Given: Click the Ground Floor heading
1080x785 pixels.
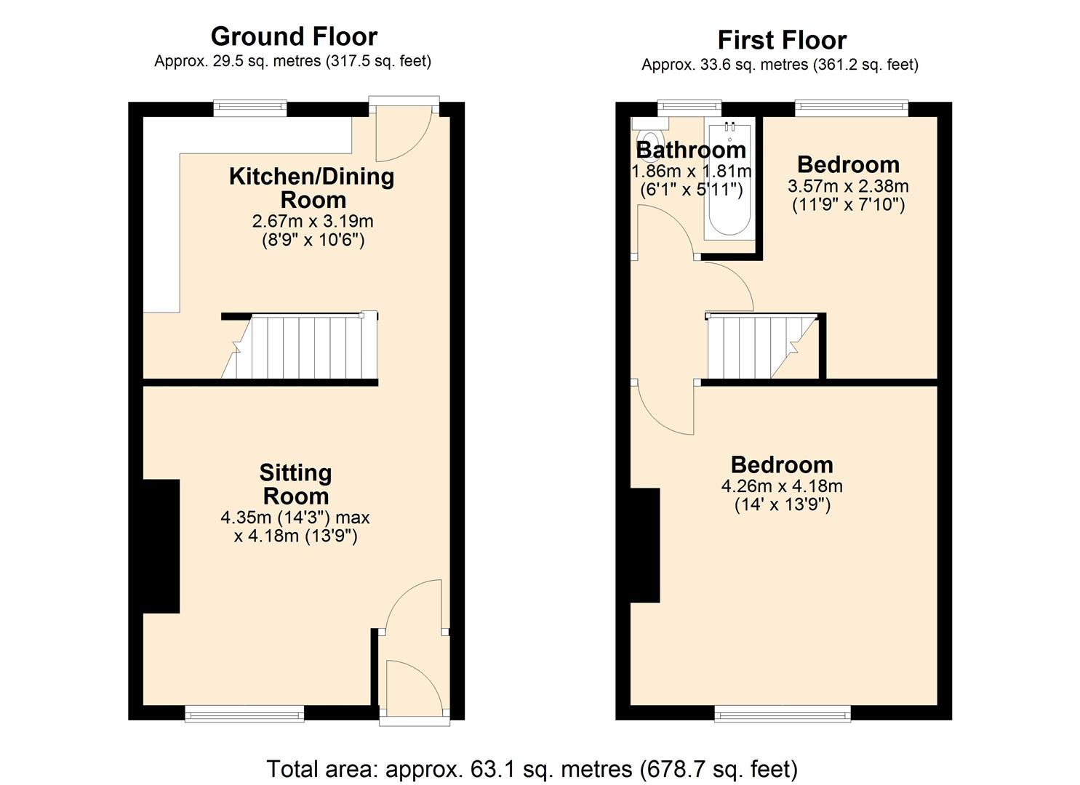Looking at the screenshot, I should click(294, 36).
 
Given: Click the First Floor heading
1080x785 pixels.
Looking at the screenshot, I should click(782, 39).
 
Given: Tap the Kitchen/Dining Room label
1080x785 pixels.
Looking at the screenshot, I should click(312, 188).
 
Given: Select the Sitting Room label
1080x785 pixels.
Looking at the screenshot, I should click(295, 484).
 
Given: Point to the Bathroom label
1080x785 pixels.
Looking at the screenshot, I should click(691, 150).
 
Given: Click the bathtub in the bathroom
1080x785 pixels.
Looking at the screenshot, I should click(729, 182).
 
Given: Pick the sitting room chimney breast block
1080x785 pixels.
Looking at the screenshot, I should click(161, 546).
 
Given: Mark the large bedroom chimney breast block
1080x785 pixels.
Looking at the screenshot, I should click(644, 545).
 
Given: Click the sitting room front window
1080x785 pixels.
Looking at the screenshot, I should click(244, 714).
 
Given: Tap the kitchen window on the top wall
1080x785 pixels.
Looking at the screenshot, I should click(250, 108).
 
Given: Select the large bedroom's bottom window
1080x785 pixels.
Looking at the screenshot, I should click(783, 714).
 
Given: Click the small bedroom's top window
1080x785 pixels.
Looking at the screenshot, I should click(851, 108).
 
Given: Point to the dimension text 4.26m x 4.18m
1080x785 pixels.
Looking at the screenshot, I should click(782, 486).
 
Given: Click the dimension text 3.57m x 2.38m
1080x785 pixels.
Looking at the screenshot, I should click(848, 186).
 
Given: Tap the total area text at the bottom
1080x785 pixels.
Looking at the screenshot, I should click(532, 768).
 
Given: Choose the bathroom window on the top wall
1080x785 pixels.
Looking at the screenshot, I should click(689, 108).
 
